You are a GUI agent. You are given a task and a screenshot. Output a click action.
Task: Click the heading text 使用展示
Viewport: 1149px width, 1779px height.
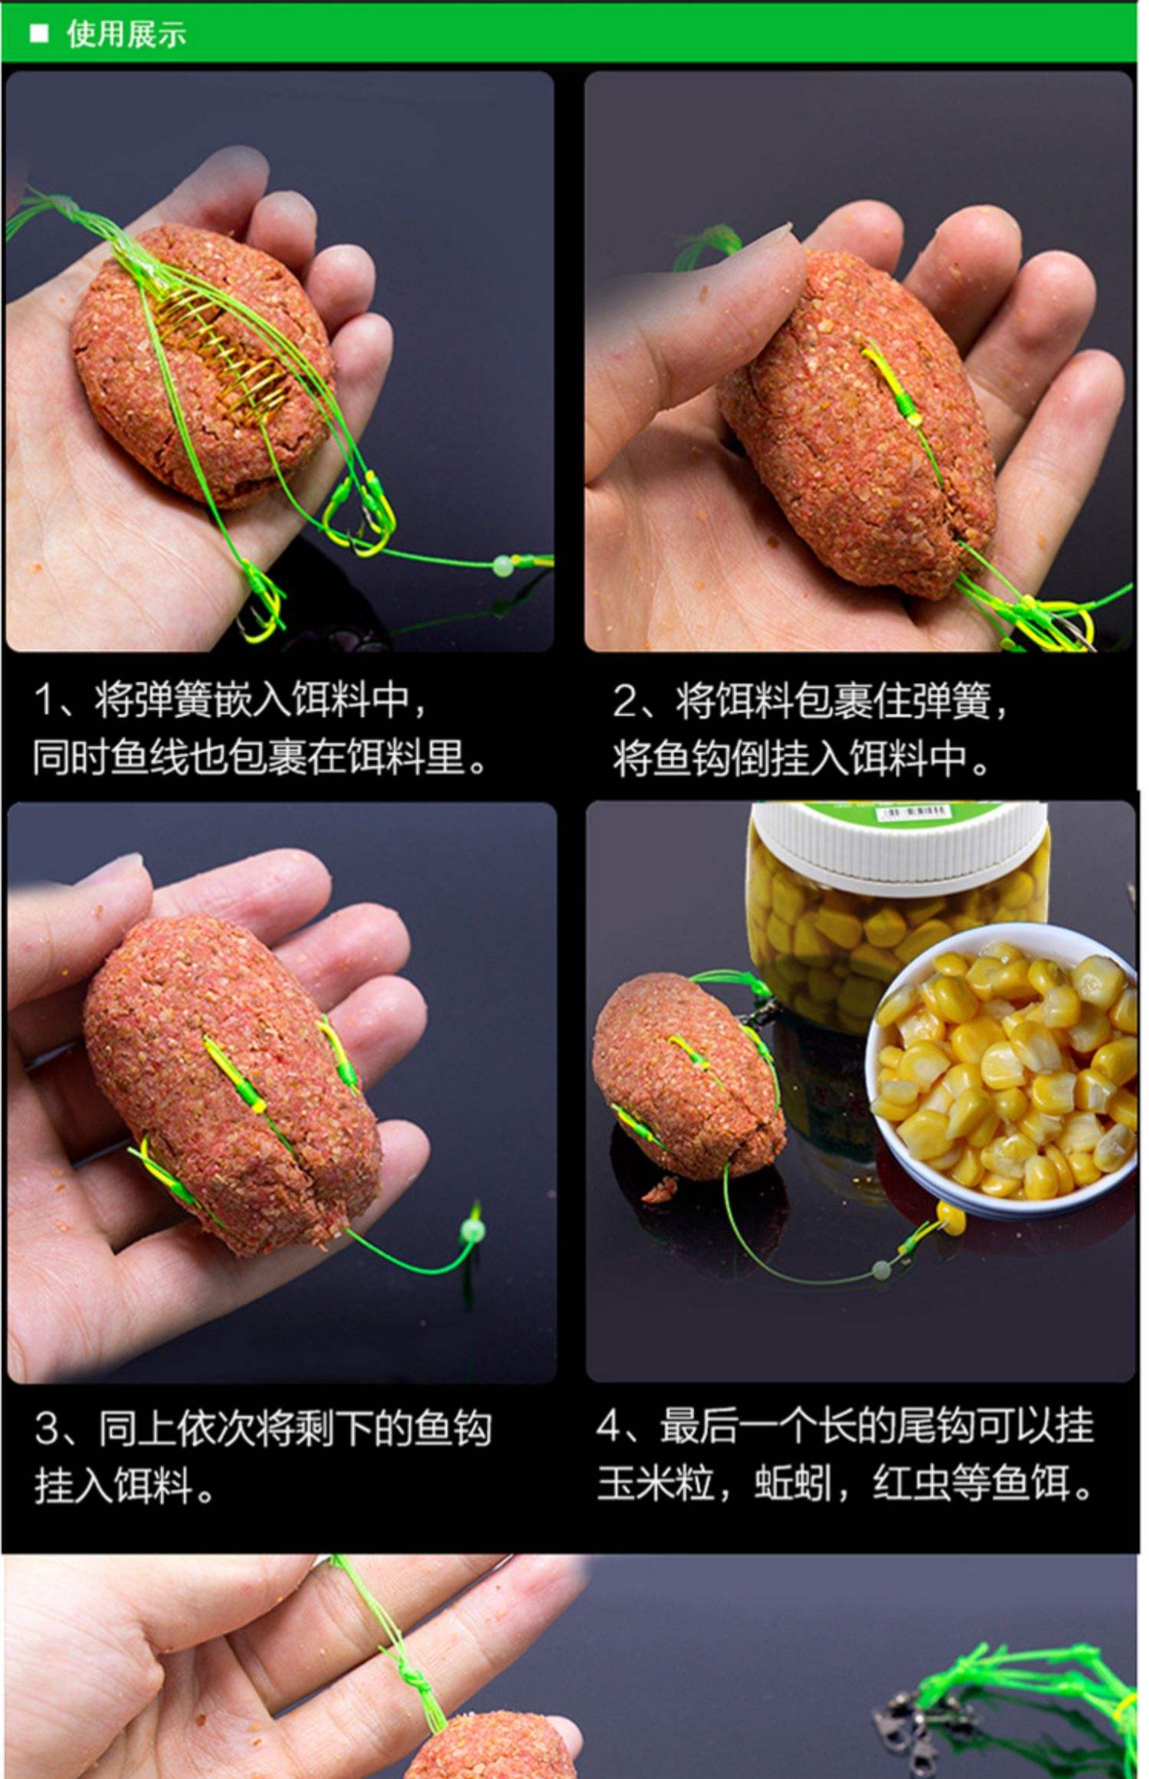[x=126, y=34]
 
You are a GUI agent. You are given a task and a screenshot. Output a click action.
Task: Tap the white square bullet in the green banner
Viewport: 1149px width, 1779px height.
[x=38, y=34]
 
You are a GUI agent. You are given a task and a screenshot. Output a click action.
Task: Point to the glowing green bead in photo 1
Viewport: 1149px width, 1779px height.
[x=502, y=567]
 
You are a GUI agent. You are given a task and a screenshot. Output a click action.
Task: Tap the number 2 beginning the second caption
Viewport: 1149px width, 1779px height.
[x=624, y=701]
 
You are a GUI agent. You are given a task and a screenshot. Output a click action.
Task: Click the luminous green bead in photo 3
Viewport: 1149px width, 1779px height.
[x=473, y=1230]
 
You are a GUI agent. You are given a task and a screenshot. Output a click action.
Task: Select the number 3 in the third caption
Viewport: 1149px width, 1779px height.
[x=47, y=1427]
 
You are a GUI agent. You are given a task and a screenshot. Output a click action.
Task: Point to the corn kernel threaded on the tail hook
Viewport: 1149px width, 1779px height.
[x=951, y=1216]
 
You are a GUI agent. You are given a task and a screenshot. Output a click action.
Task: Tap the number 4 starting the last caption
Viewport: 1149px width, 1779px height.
[x=609, y=1426]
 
